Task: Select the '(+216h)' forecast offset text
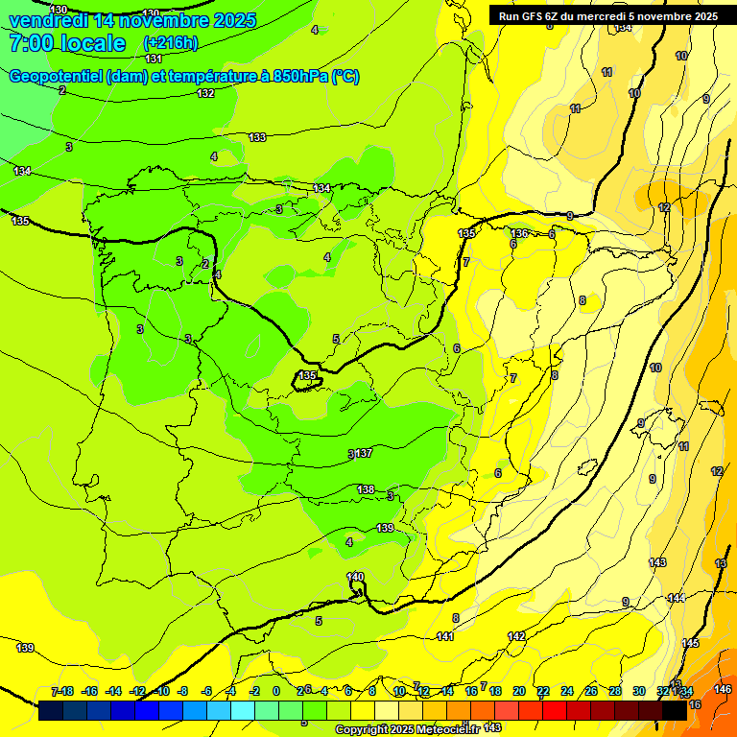pyautogui.click(x=170, y=43)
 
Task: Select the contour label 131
pyautogui.click(x=154, y=59)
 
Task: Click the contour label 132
pyautogui.click(x=205, y=93)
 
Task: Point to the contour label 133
pyautogui.click(x=257, y=138)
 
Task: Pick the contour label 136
pyautogui.click(x=519, y=233)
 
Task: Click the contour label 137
pyautogui.click(x=364, y=453)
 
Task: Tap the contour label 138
pyautogui.click(x=366, y=489)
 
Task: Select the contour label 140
pyautogui.click(x=355, y=576)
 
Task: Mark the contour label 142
pyautogui.click(x=516, y=636)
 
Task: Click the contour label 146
pyautogui.click(x=723, y=689)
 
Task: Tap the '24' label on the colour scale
pyautogui.click(x=566, y=691)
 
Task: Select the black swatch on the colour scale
pyautogui.click(x=674, y=711)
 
